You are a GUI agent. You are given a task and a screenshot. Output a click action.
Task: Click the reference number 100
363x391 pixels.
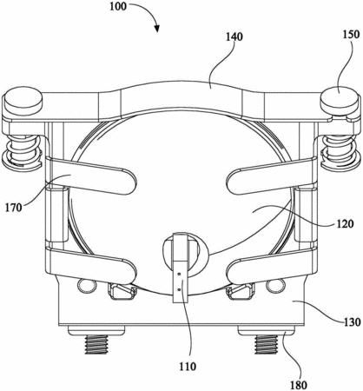coord(118,6)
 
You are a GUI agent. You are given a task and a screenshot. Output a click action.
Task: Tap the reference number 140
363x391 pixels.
coord(234,36)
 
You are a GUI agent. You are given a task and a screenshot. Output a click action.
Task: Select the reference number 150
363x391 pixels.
coord(352,35)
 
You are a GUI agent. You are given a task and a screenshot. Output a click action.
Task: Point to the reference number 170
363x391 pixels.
coord(14,208)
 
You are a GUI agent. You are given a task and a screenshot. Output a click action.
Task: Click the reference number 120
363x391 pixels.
coord(345,223)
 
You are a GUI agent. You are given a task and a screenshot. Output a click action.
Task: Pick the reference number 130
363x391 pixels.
coord(352,322)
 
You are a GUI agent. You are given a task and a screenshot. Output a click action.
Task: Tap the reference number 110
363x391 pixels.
coord(188,367)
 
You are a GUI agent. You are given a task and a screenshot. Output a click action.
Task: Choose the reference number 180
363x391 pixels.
coord(299,385)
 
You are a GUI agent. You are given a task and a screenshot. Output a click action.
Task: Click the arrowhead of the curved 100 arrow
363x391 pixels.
coord(157,28)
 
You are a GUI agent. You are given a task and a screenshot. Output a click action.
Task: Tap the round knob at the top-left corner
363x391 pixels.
coord(23,102)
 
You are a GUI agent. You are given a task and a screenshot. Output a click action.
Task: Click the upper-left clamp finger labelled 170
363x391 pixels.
coord(89,176)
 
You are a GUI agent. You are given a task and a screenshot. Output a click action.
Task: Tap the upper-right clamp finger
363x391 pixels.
coord(272,176)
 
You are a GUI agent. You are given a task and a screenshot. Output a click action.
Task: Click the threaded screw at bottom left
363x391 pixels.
coord(96,344)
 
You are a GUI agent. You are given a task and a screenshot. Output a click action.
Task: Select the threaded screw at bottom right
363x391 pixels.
coord(267,344)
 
